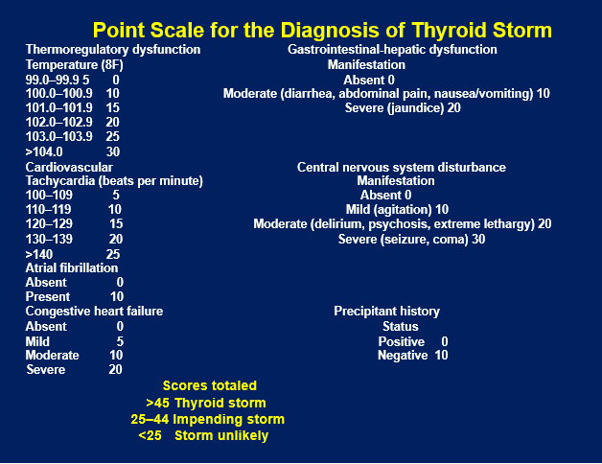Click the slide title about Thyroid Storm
322,30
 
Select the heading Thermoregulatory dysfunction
113,50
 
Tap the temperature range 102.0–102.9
58,122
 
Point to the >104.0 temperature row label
44,151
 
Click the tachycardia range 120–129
49,224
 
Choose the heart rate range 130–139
49,240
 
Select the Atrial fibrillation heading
72,267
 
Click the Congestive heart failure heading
94,312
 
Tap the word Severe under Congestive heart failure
46,369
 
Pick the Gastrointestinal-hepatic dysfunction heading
392,50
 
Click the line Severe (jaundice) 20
403,108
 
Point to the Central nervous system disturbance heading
402,168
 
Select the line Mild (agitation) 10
397,209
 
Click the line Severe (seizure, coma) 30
411,240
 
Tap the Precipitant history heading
386,312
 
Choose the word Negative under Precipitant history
403,356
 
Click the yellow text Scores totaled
210,385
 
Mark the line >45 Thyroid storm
206,403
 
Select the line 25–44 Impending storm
208,419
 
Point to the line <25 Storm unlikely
203,435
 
